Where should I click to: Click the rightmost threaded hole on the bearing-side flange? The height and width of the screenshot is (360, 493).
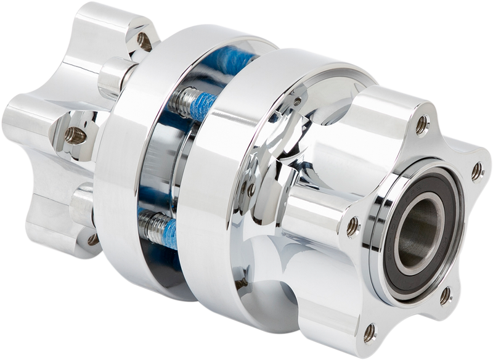coord(476,171)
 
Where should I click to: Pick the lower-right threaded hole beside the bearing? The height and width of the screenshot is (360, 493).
coord(444,296)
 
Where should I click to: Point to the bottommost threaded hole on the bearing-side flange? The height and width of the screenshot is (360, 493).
coord(369,333)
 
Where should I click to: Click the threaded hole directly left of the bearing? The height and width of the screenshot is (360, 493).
coord(352,224)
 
